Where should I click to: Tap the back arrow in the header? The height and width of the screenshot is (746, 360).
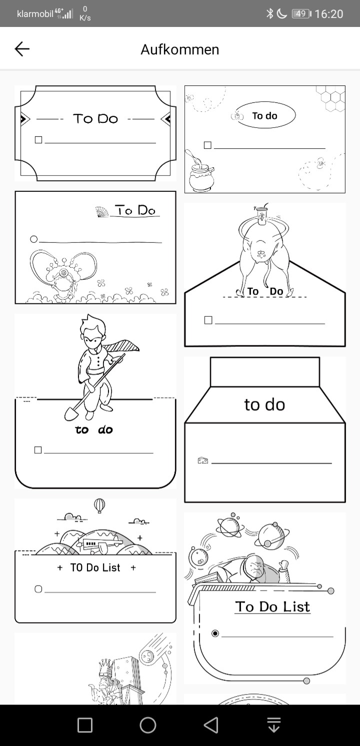22,49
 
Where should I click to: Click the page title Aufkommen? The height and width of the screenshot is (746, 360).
180,49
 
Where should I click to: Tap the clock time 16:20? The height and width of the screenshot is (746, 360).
328,14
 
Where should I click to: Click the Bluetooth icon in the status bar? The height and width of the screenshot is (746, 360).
269,13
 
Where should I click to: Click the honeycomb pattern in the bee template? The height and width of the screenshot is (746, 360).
330,98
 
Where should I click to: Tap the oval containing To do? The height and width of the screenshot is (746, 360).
266,115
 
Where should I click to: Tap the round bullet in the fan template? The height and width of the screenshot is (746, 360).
33,239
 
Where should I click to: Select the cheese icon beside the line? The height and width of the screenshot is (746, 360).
202,460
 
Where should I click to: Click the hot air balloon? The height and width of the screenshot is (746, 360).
99,506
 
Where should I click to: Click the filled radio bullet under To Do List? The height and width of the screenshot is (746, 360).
215,633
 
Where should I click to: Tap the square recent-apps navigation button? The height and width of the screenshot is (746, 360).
84,725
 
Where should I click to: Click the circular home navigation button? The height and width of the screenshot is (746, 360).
147,725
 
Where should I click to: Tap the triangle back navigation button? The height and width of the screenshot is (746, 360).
211,725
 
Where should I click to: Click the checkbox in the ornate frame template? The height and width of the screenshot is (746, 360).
38,140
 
